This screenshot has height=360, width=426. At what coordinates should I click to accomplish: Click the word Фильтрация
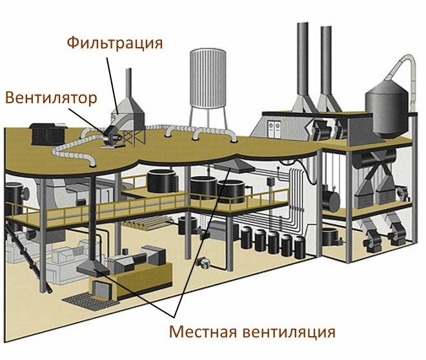click(115, 43)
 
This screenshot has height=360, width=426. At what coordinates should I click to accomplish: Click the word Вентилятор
click(51, 98)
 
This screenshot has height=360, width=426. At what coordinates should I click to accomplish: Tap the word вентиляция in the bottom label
click(289, 332)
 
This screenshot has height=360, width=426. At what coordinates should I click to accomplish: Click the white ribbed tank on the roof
click(208, 78)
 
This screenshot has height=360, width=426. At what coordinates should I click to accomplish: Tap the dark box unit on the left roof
click(48, 134)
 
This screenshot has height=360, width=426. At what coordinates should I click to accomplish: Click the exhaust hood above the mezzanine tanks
click(234, 166)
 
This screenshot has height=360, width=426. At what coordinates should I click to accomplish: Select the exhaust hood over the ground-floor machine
click(93, 268)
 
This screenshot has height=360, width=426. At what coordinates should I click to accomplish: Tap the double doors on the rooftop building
click(274, 129)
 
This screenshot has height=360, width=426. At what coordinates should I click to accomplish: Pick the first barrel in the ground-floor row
click(247, 238)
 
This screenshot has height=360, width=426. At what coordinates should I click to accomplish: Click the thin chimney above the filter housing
click(129, 83)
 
